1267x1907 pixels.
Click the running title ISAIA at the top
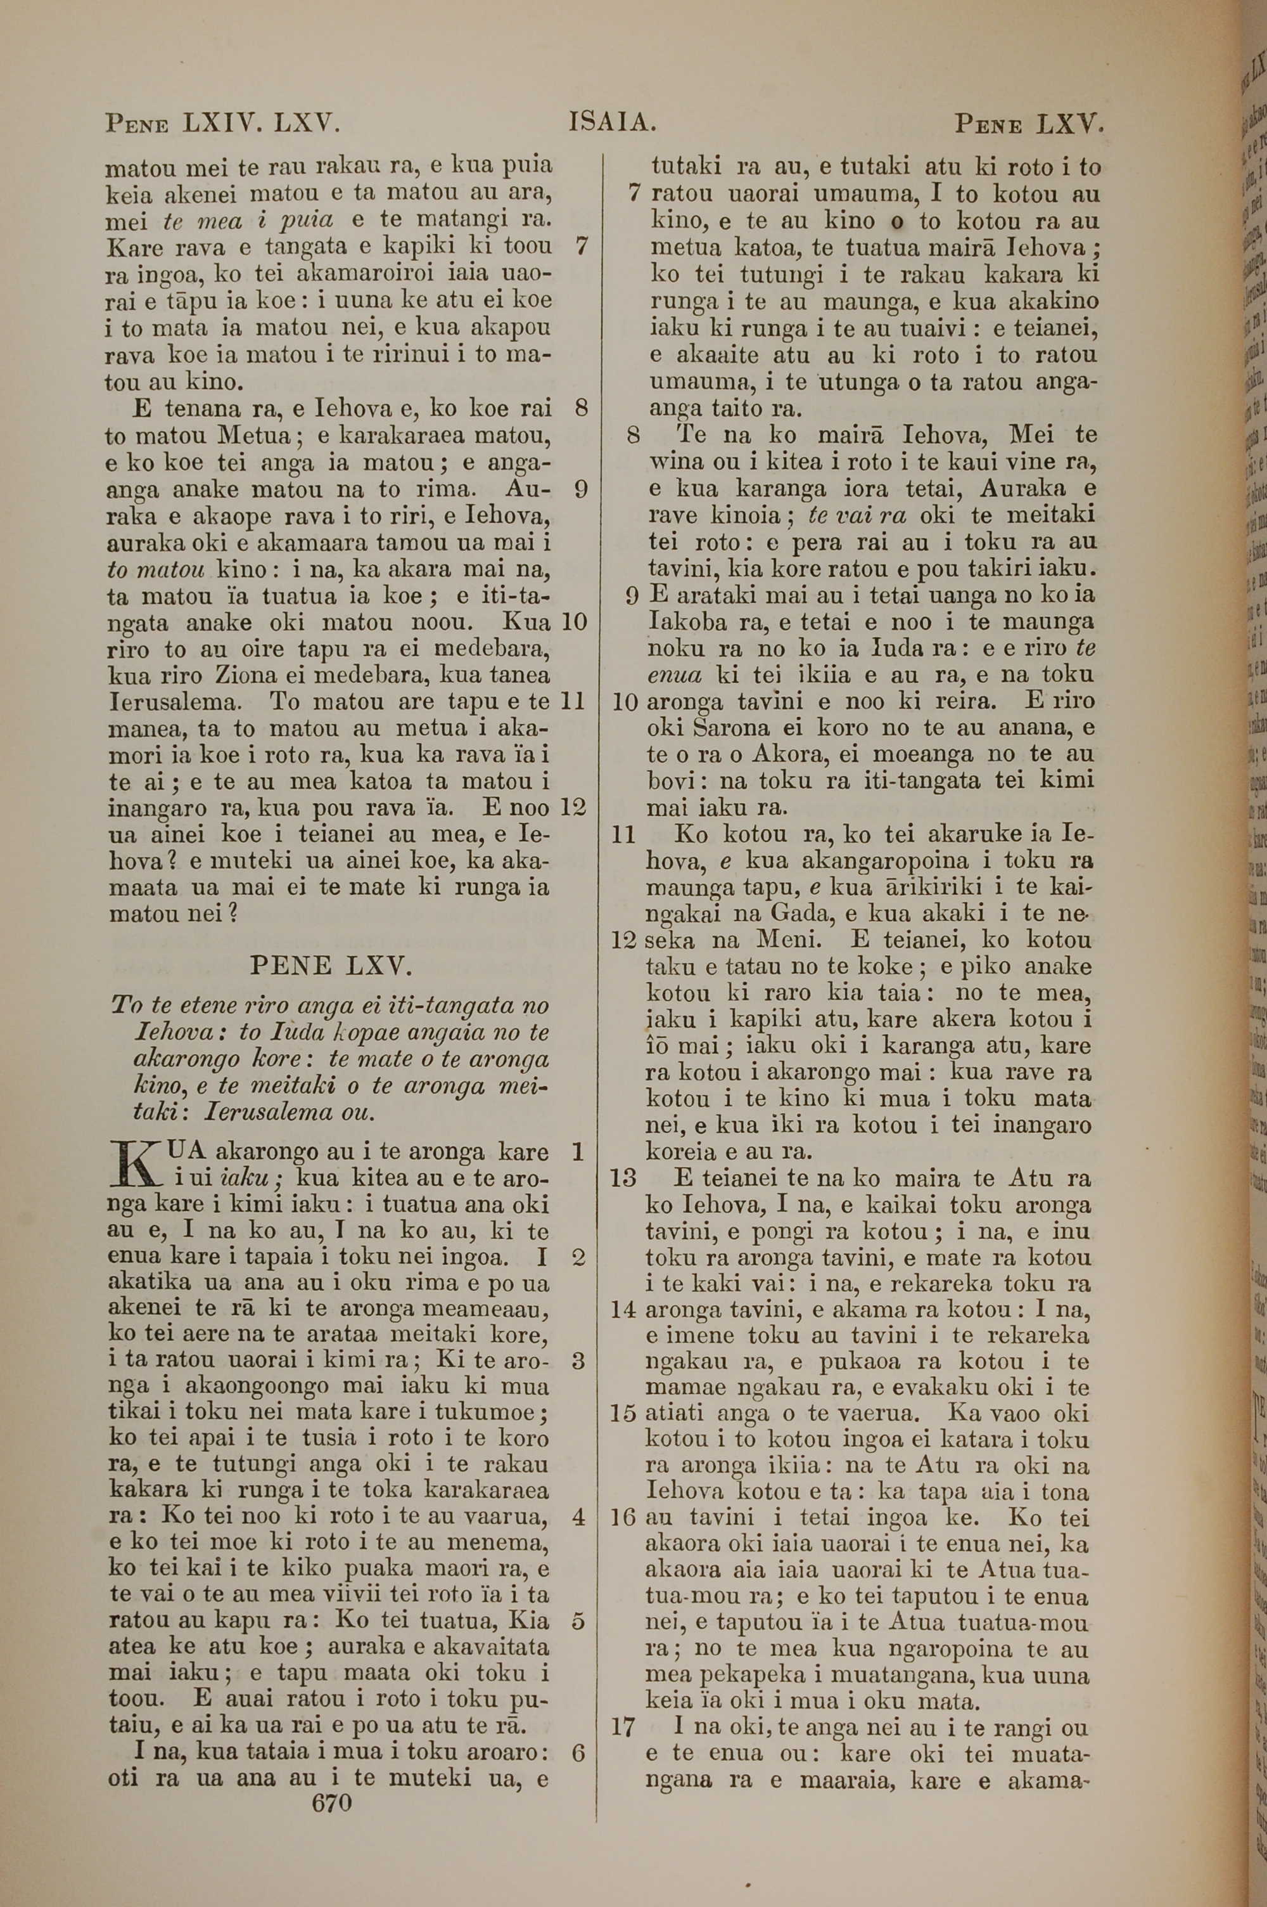(x=612, y=123)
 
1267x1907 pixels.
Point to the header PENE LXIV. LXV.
(x=220, y=124)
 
